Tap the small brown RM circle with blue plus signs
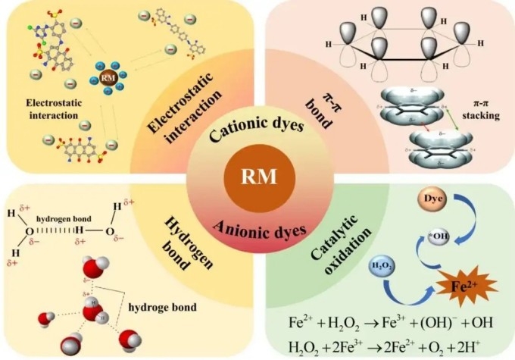coord(106,79)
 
